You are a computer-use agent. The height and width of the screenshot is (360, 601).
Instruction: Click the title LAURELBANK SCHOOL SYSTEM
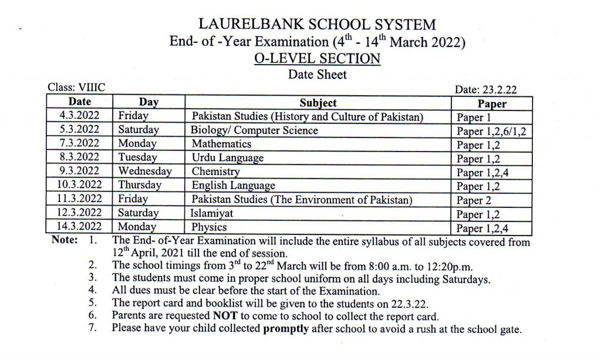(x=318, y=25)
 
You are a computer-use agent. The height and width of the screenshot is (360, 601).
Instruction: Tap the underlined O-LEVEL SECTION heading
(x=318, y=59)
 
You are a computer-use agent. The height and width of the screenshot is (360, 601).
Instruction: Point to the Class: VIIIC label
(x=76, y=88)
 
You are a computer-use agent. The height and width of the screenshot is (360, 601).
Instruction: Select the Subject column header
(x=318, y=103)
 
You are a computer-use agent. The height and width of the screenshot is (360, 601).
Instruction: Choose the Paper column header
(x=492, y=104)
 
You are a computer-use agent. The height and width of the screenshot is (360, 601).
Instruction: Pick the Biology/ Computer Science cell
(x=255, y=130)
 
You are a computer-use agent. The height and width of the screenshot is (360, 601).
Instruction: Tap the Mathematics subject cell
(x=221, y=144)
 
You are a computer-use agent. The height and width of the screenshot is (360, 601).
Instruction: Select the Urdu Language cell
(x=228, y=158)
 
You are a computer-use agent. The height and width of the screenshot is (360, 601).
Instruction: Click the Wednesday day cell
(x=145, y=171)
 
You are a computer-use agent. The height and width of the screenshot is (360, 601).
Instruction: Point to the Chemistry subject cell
(x=216, y=171)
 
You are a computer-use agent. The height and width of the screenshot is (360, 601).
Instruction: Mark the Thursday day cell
(x=140, y=186)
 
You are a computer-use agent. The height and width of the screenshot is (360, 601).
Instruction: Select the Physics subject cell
(x=210, y=227)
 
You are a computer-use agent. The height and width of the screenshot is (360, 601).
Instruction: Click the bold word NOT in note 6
(x=224, y=316)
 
